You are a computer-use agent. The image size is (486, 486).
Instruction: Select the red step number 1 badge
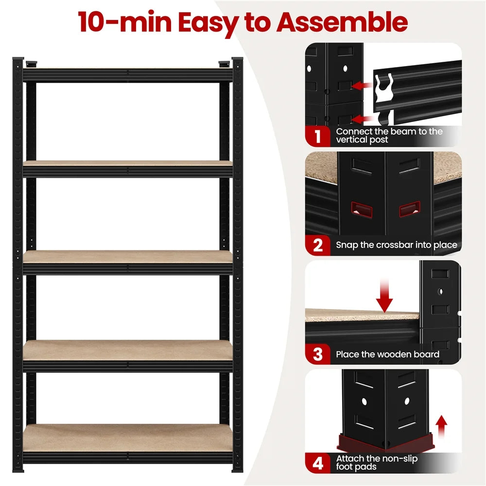coord(317,136)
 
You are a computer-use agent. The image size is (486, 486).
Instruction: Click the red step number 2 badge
coord(317,244)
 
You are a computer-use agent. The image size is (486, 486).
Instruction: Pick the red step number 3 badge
coord(317,354)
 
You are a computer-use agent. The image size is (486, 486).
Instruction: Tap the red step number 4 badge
coord(317,463)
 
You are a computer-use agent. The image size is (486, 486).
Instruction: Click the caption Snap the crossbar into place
coord(397,245)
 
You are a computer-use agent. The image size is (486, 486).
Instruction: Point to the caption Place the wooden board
coord(387,354)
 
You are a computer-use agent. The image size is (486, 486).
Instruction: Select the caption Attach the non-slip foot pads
coord(377,463)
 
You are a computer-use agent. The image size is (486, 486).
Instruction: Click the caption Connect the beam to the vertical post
coord(389,136)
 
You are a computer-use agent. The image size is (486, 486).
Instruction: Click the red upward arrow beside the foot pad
coord(442,425)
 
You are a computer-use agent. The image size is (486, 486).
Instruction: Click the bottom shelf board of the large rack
coord(127,437)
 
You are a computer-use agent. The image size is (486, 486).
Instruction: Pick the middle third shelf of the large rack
coord(127,257)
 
